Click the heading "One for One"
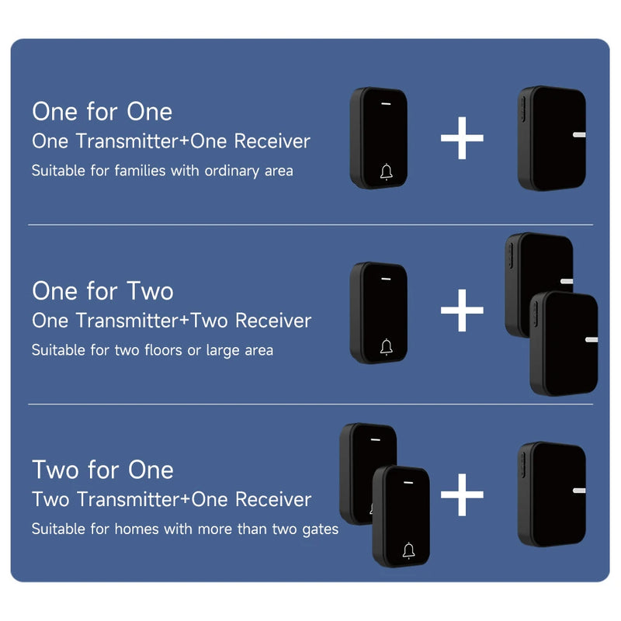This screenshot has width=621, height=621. click(102, 111)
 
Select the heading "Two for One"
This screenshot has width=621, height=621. click(103, 470)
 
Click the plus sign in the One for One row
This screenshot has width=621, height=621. click(462, 138)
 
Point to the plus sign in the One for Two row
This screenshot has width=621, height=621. click(462, 310)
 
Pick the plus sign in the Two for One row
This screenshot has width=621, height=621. click(462, 494)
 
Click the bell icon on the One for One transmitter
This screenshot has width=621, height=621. click(387, 172)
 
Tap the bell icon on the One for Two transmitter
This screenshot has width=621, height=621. click(387, 347)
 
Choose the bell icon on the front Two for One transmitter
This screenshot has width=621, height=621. click(409, 551)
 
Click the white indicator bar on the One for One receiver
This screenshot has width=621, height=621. click(579, 134)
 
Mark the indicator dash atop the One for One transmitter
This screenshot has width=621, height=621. click(386, 104)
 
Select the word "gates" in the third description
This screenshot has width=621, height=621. click(321, 530)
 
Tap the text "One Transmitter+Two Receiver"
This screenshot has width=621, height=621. click(172, 321)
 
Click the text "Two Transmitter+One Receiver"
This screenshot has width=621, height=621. click(172, 499)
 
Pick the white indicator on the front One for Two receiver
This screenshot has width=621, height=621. click(592, 339)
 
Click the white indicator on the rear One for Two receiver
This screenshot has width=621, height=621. click(567, 281)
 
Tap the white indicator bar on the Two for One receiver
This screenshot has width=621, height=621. click(579, 491)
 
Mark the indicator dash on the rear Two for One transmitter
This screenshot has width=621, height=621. click(376, 439)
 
